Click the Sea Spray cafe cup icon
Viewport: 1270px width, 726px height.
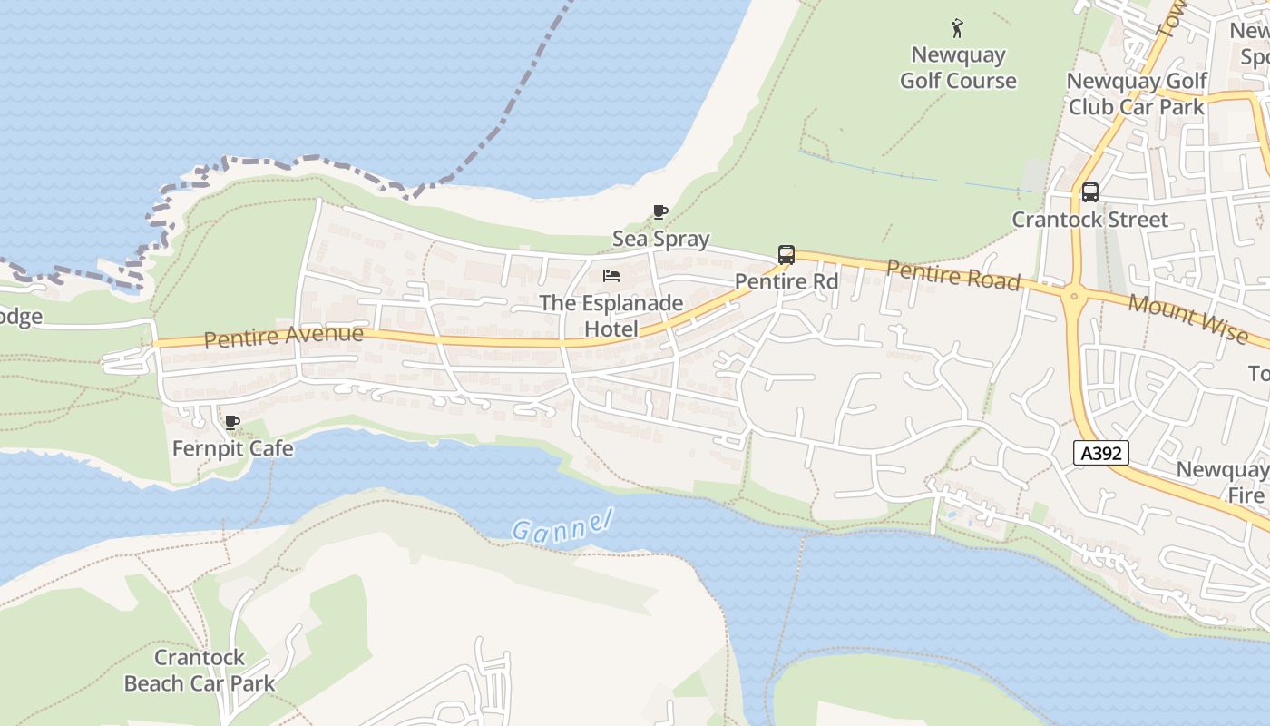click(x=660, y=211)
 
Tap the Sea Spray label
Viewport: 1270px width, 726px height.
click(x=660, y=239)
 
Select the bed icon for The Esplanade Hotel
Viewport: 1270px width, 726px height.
click(x=611, y=275)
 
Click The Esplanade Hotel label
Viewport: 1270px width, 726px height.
click(x=611, y=315)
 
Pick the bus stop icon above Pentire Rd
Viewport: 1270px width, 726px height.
click(x=786, y=255)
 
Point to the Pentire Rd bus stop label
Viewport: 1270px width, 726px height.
click(x=786, y=281)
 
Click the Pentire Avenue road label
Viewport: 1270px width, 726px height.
click(x=283, y=337)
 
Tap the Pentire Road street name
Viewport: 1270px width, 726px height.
click(x=952, y=275)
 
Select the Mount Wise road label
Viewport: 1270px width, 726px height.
click(x=1188, y=319)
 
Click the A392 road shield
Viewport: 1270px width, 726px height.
click(x=1101, y=453)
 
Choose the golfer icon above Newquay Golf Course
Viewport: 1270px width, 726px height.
click(x=957, y=28)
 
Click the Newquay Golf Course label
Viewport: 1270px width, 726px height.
click(x=958, y=67)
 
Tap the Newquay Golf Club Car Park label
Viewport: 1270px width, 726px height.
click(x=1137, y=93)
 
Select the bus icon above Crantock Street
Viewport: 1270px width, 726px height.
click(x=1090, y=192)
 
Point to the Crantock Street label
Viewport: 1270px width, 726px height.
click(x=1090, y=220)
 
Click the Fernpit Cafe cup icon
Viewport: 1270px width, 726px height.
click(x=232, y=422)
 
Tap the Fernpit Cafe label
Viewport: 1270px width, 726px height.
click(x=233, y=448)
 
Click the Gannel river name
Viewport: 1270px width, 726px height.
click(x=562, y=526)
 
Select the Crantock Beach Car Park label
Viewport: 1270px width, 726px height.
click(x=200, y=670)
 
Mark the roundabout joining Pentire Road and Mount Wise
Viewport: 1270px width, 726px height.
click(x=1074, y=295)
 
